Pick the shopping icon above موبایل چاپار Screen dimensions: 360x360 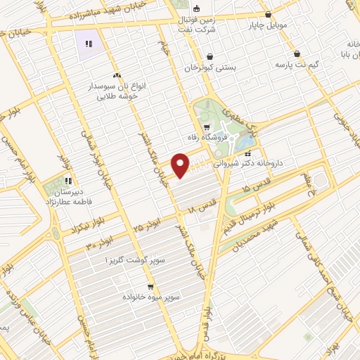268,13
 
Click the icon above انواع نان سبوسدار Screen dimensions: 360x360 116,75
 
